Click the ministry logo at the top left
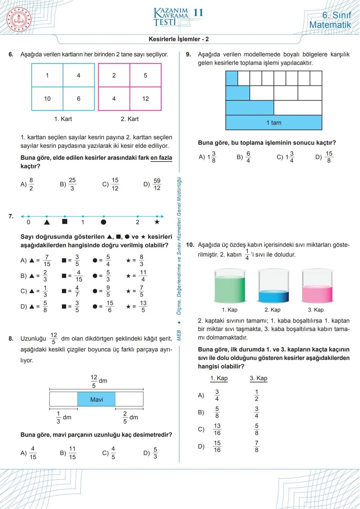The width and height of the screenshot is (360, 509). pos(19,19)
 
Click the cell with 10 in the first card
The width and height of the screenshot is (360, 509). pos(47,99)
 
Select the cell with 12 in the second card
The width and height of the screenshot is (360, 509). pos(145,99)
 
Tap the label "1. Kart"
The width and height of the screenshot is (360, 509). pos(63,119)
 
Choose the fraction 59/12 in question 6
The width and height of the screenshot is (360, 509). pos(157,184)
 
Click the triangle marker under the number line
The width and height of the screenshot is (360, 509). pos(47,222)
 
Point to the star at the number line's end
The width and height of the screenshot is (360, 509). pos(157,222)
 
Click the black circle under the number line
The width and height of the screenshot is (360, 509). pos(103,222)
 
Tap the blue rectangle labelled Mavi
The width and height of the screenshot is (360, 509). pos(96,399)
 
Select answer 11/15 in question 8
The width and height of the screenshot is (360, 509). pos(72,453)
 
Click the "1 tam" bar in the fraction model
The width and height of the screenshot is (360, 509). pos(274,123)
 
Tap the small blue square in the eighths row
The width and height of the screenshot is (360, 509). pos(232,78)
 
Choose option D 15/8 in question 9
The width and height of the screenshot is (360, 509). pos(328,157)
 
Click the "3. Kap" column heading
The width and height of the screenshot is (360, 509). pos(258,378)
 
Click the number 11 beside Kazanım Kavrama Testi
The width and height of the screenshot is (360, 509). pos(198,13)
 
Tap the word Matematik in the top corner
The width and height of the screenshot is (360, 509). pos(330,25)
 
